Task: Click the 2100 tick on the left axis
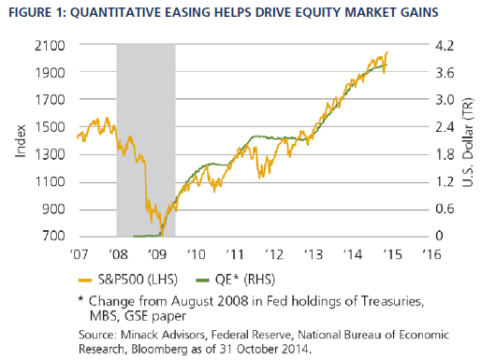pos(50,46)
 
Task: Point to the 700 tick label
pos(54,236)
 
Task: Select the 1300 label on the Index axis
pos(50,154)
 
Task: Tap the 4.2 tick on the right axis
pos(445,46)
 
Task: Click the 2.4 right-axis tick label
pos(445,127)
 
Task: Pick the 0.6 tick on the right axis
pos(445,209)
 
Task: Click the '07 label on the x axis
pos(79,254)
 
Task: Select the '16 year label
pos(431,254)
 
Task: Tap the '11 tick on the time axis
pos(235,254)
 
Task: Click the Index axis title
pos(21,141)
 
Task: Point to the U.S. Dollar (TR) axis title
pos(468,142)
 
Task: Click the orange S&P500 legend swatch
pos(85,281)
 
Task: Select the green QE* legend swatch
pos(202,281)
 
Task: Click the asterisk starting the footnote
pos(80,299)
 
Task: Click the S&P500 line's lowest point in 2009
pos(162,236)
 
